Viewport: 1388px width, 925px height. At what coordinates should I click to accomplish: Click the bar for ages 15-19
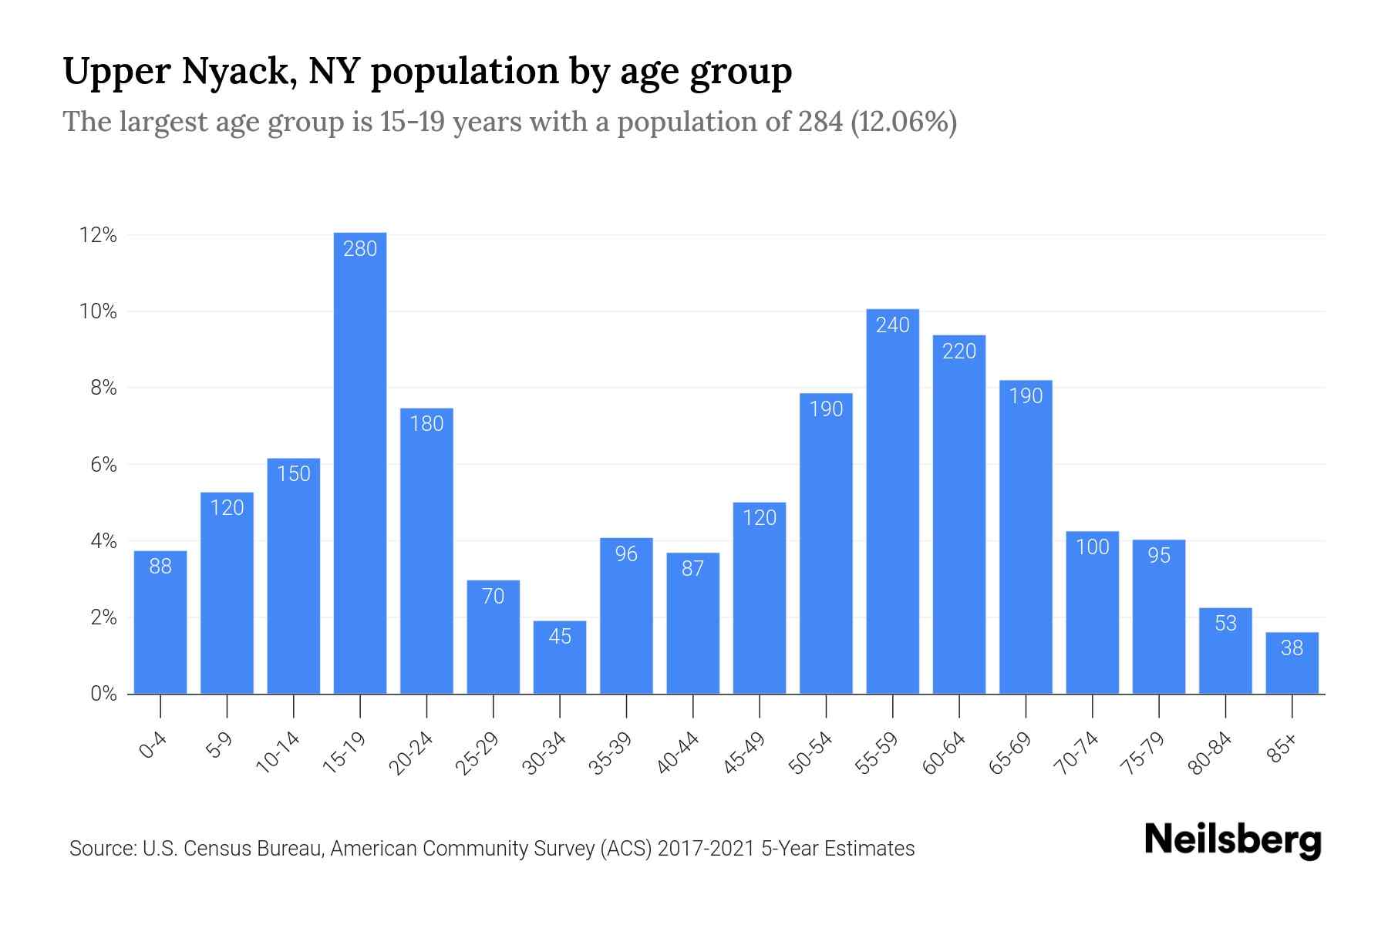tap(360, 462)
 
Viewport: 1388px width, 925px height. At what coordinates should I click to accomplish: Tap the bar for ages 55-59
tap(892, 501)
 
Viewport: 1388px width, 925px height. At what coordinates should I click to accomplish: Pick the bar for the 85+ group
tap(1292, 664)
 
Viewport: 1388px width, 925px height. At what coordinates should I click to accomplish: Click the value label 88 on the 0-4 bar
tap(160, 567)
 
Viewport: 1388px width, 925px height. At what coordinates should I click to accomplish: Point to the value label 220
tap(959, 351)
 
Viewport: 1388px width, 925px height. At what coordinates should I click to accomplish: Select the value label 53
tap(1225, 623)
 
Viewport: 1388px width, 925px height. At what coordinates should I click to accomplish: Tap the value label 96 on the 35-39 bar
tap(626, 554)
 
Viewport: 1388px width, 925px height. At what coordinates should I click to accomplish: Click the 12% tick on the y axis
tap(98, 236)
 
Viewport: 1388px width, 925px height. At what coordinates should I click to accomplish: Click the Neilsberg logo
tap(1232, 840)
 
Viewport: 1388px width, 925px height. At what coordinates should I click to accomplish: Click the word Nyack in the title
tap(239, 72)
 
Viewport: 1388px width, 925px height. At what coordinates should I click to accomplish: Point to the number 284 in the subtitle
tap(820, 122)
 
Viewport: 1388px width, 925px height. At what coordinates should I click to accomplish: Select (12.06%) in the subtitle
tap(904, 122)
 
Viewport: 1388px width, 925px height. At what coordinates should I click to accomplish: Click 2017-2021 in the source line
tap(706, 849)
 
